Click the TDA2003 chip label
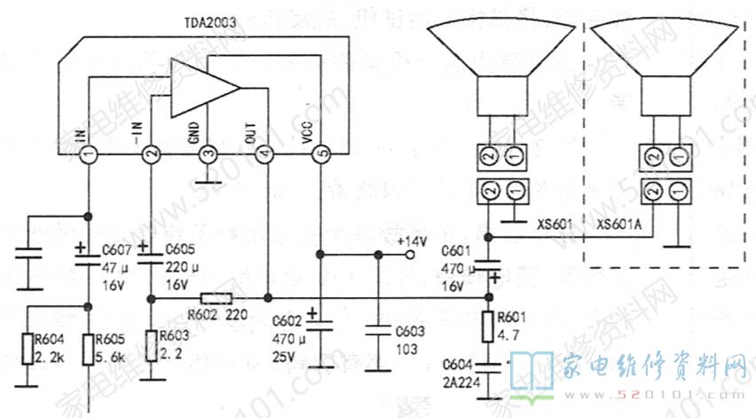pos(210,25)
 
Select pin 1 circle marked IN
pos(89,155)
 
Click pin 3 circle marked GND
pos(207,155)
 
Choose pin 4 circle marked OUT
pos(264,155)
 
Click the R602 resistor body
pos(217,298)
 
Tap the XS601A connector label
pos(620,225)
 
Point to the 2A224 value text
pos(462,380)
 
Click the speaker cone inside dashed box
pos(664,49)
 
